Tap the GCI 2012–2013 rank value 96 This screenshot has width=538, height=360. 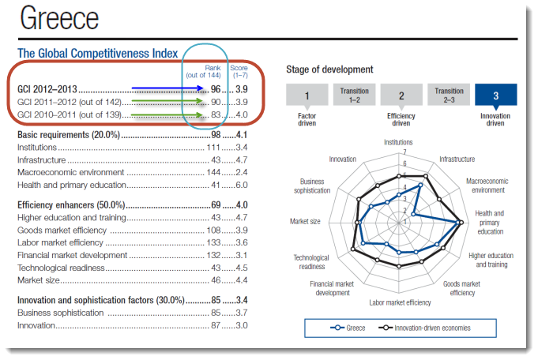tap(214, 89)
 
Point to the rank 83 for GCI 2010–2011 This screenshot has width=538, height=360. tap(214, 115)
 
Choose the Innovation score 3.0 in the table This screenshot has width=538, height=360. tap(242, 325)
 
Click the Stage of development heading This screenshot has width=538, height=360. tap(329, 69)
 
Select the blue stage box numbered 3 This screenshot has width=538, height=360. tap(495, 95)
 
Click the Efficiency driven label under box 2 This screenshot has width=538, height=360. tap(401, 119)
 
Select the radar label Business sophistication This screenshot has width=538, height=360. tap(311, 186)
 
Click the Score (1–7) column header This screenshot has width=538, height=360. tap(239, 71)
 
